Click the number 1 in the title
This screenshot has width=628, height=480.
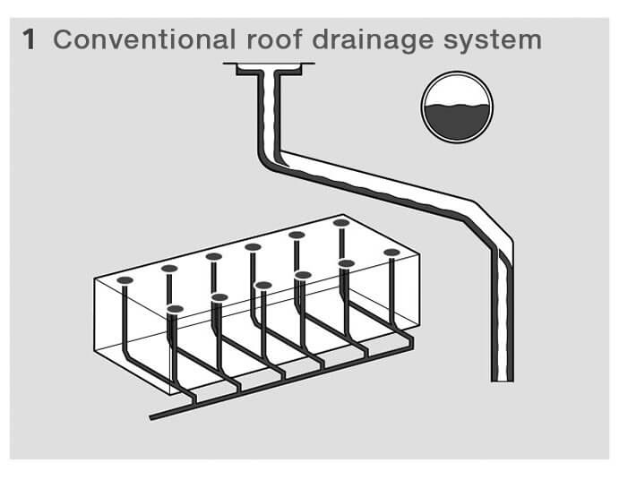tap(29, 41)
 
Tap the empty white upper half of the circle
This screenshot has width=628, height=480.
tap(458, 90)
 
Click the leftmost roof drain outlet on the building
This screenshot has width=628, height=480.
tap(125, 280)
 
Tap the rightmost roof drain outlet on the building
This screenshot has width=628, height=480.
tap(391, 253)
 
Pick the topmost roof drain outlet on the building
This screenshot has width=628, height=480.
tap(340, 222)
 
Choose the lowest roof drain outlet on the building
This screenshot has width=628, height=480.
tap(176, 309)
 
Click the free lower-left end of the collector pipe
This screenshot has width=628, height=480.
tap(151, 417)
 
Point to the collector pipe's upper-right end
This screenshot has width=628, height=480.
tap(411, 342)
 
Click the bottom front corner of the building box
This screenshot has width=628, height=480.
tap(169, 395)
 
